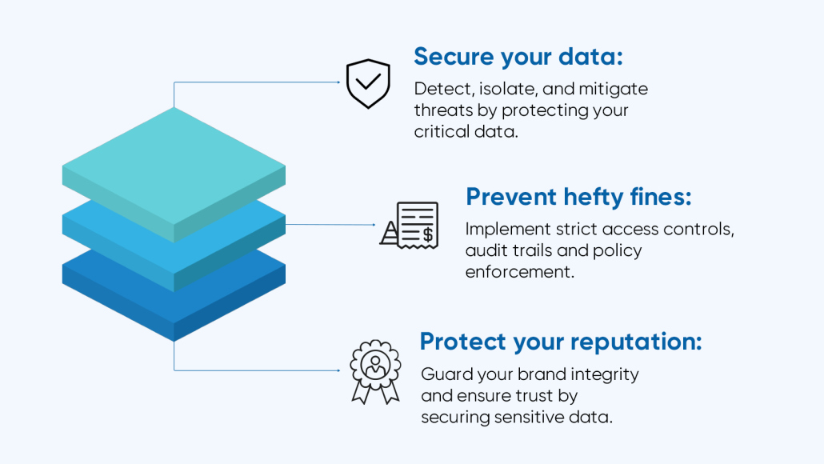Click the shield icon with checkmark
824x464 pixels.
[x=368, y=83]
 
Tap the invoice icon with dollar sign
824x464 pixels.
[x=409, y=225]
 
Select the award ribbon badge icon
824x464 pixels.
[x=375, y=371]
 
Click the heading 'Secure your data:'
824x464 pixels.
[x=518, y=57]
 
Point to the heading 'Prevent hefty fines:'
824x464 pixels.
[x=578, y=197]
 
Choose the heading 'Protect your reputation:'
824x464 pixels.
[x=560, y=342]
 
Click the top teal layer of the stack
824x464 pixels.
[x=174, y=168]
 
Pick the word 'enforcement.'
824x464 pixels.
[x=520, y=272]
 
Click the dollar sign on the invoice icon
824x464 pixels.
[x=428, y=234]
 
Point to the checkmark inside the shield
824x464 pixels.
[x=368, y=81]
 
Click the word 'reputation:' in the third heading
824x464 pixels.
[x=636, y=342]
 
